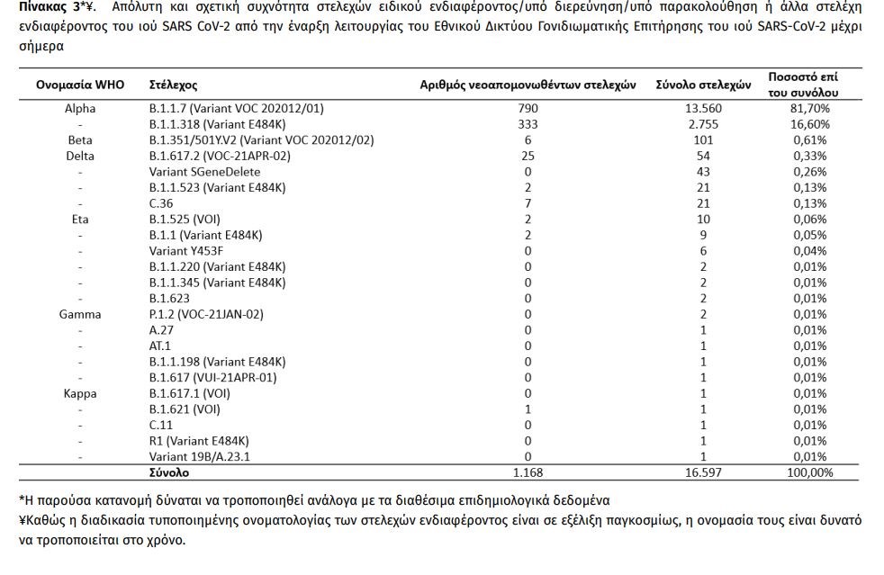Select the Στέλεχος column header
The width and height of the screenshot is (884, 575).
(x=173, y=85)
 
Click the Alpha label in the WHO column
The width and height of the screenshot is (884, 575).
(x=80, y=108)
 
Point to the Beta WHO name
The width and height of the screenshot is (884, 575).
(x=80, y=139)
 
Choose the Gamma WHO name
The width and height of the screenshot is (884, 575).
(x=80, y=314)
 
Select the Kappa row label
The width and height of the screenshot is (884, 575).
(x=80, y=393)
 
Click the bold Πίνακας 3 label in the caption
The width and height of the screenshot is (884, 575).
(x=50, y=7)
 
